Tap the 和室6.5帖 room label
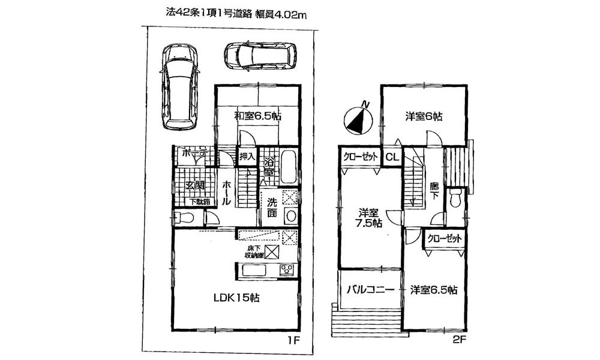[x=258, y=116]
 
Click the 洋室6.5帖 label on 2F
[x=434, y=290]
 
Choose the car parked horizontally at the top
[x=259, y=55]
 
